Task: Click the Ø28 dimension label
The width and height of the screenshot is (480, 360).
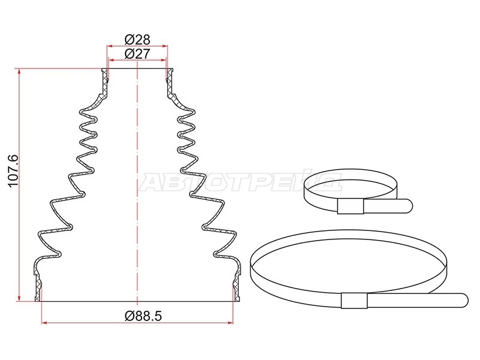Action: [x=137, y=40]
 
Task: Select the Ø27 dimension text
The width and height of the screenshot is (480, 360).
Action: [x=137, y=54]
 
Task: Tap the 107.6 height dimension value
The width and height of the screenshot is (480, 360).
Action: [x=13, y=171]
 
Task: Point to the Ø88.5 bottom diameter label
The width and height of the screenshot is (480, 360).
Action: [x=143, y=316]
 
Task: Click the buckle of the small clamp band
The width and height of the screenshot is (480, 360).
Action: [x=350, y=206]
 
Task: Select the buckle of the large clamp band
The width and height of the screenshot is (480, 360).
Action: [x=354, y=301]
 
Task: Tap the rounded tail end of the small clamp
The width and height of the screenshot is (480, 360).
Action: [x=407, y=205]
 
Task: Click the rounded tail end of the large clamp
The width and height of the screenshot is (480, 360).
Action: [x=462, y=300]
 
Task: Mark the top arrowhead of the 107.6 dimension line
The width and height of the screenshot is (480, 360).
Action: [x=20, y=71]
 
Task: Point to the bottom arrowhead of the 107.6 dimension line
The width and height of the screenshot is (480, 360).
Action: [x=20, y=298]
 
